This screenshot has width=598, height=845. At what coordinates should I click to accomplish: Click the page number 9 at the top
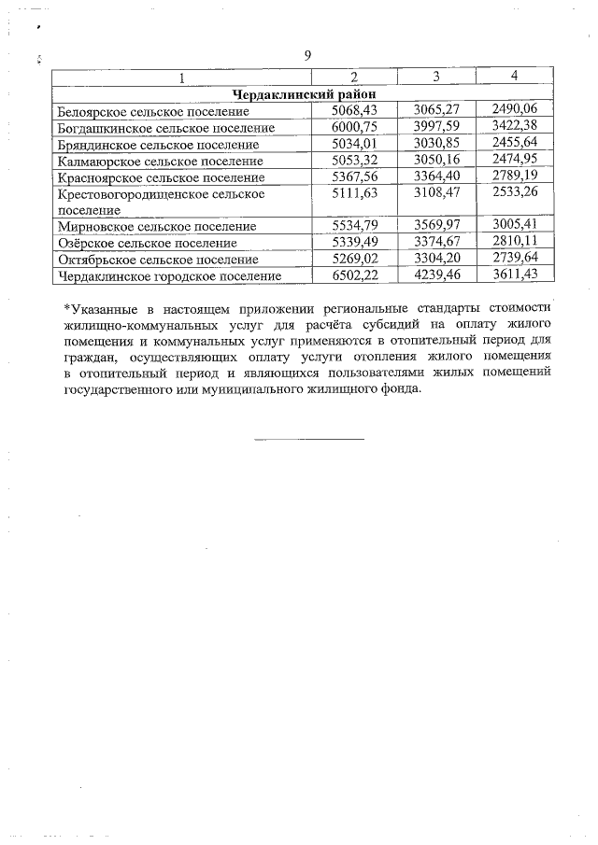coord(307,55)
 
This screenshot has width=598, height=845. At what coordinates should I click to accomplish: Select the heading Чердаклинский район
coord(303,93)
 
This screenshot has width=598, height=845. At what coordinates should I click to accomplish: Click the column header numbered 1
coord(182,76)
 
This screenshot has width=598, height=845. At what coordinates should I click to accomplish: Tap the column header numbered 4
coord(516,75)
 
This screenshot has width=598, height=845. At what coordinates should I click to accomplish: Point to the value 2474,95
coord(516,161)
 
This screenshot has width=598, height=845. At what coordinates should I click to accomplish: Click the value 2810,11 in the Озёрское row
coord(516,242)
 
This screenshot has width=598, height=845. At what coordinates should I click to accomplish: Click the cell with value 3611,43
coord(516,275)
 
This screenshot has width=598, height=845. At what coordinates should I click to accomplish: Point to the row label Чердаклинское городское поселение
coord(169,276)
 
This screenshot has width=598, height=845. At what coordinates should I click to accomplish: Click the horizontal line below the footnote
coord(308,438)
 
